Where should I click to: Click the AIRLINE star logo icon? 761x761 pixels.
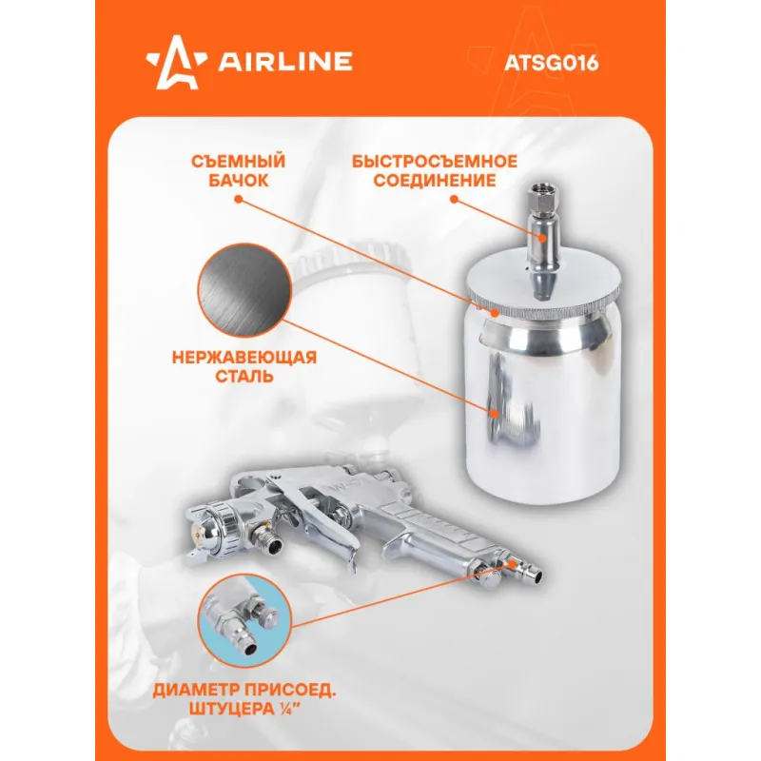(177, 63)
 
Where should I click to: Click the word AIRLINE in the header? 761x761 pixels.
(284, 62)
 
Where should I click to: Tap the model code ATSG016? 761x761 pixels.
(552, 63)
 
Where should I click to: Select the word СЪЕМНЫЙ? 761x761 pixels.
(238, 161)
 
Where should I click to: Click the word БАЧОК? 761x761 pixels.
(239, 181)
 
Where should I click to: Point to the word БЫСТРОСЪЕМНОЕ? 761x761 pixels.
(435, 161)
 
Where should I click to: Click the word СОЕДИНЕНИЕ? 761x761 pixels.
(435, 181)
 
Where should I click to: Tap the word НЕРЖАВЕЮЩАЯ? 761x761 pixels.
(244, 358)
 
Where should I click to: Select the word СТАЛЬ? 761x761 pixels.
(244, 376)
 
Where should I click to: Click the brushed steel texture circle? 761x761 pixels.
(245, 290)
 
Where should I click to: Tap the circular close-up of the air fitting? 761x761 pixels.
(245, 621)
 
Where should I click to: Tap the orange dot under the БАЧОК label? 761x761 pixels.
(238, 199)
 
